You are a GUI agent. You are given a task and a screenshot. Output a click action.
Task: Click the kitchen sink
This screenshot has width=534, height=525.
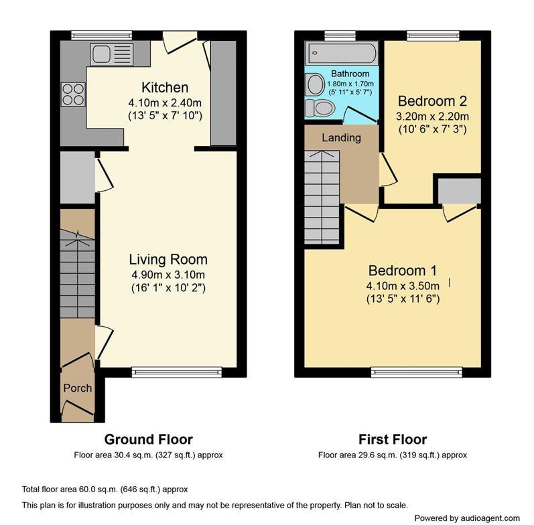(111, 54)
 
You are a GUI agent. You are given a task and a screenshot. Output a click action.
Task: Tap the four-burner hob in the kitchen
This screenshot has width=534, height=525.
(73, 94)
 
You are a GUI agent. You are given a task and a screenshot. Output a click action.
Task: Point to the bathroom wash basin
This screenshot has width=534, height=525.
(314, 84)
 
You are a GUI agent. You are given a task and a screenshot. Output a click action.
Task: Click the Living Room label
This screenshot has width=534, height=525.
(168, 259)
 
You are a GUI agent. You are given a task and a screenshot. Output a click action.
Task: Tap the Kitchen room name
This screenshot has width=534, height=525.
(164, 88)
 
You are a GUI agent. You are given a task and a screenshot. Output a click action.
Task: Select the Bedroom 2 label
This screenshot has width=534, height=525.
(431, 101)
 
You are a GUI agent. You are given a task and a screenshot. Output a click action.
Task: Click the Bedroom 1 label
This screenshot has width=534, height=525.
(402, 271)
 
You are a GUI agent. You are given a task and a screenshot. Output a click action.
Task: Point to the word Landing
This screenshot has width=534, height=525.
(341, 138)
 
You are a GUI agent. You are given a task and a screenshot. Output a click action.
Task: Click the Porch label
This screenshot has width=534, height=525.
(77, 388)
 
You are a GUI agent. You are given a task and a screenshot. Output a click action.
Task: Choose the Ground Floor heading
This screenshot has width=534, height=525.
(148, 439)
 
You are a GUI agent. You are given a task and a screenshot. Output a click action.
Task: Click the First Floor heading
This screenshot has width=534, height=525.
(392, 439)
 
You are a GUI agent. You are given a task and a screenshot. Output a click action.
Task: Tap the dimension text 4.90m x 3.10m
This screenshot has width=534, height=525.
(167, 275)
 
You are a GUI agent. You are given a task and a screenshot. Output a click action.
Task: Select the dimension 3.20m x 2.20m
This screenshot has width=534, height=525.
(432, 116)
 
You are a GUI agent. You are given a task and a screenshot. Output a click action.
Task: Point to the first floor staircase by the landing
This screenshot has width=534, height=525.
(322, 197)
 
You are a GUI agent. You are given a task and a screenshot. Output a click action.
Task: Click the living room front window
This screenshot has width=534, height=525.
(176, 370)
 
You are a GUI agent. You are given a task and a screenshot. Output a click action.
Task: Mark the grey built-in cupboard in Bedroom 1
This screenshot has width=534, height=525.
(459, 190)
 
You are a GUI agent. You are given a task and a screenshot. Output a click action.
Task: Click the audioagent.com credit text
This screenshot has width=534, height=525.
(467, 518)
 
